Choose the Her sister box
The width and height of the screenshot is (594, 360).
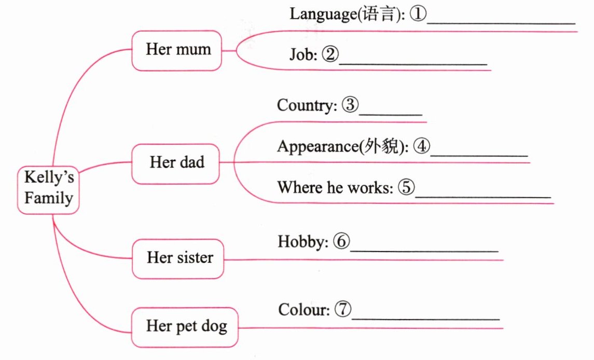[179, 258]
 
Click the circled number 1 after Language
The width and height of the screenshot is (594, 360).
[418, 14]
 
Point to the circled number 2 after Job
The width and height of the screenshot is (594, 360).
[329, 54]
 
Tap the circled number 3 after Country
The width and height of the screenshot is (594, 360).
[350, 105]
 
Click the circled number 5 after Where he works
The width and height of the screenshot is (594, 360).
[406, 187]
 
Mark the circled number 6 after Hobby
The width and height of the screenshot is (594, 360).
[341, 241]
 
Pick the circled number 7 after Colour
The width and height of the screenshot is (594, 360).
[343, 310]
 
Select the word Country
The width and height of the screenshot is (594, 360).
[306, 105]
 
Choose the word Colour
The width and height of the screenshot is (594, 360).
[303, 310]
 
